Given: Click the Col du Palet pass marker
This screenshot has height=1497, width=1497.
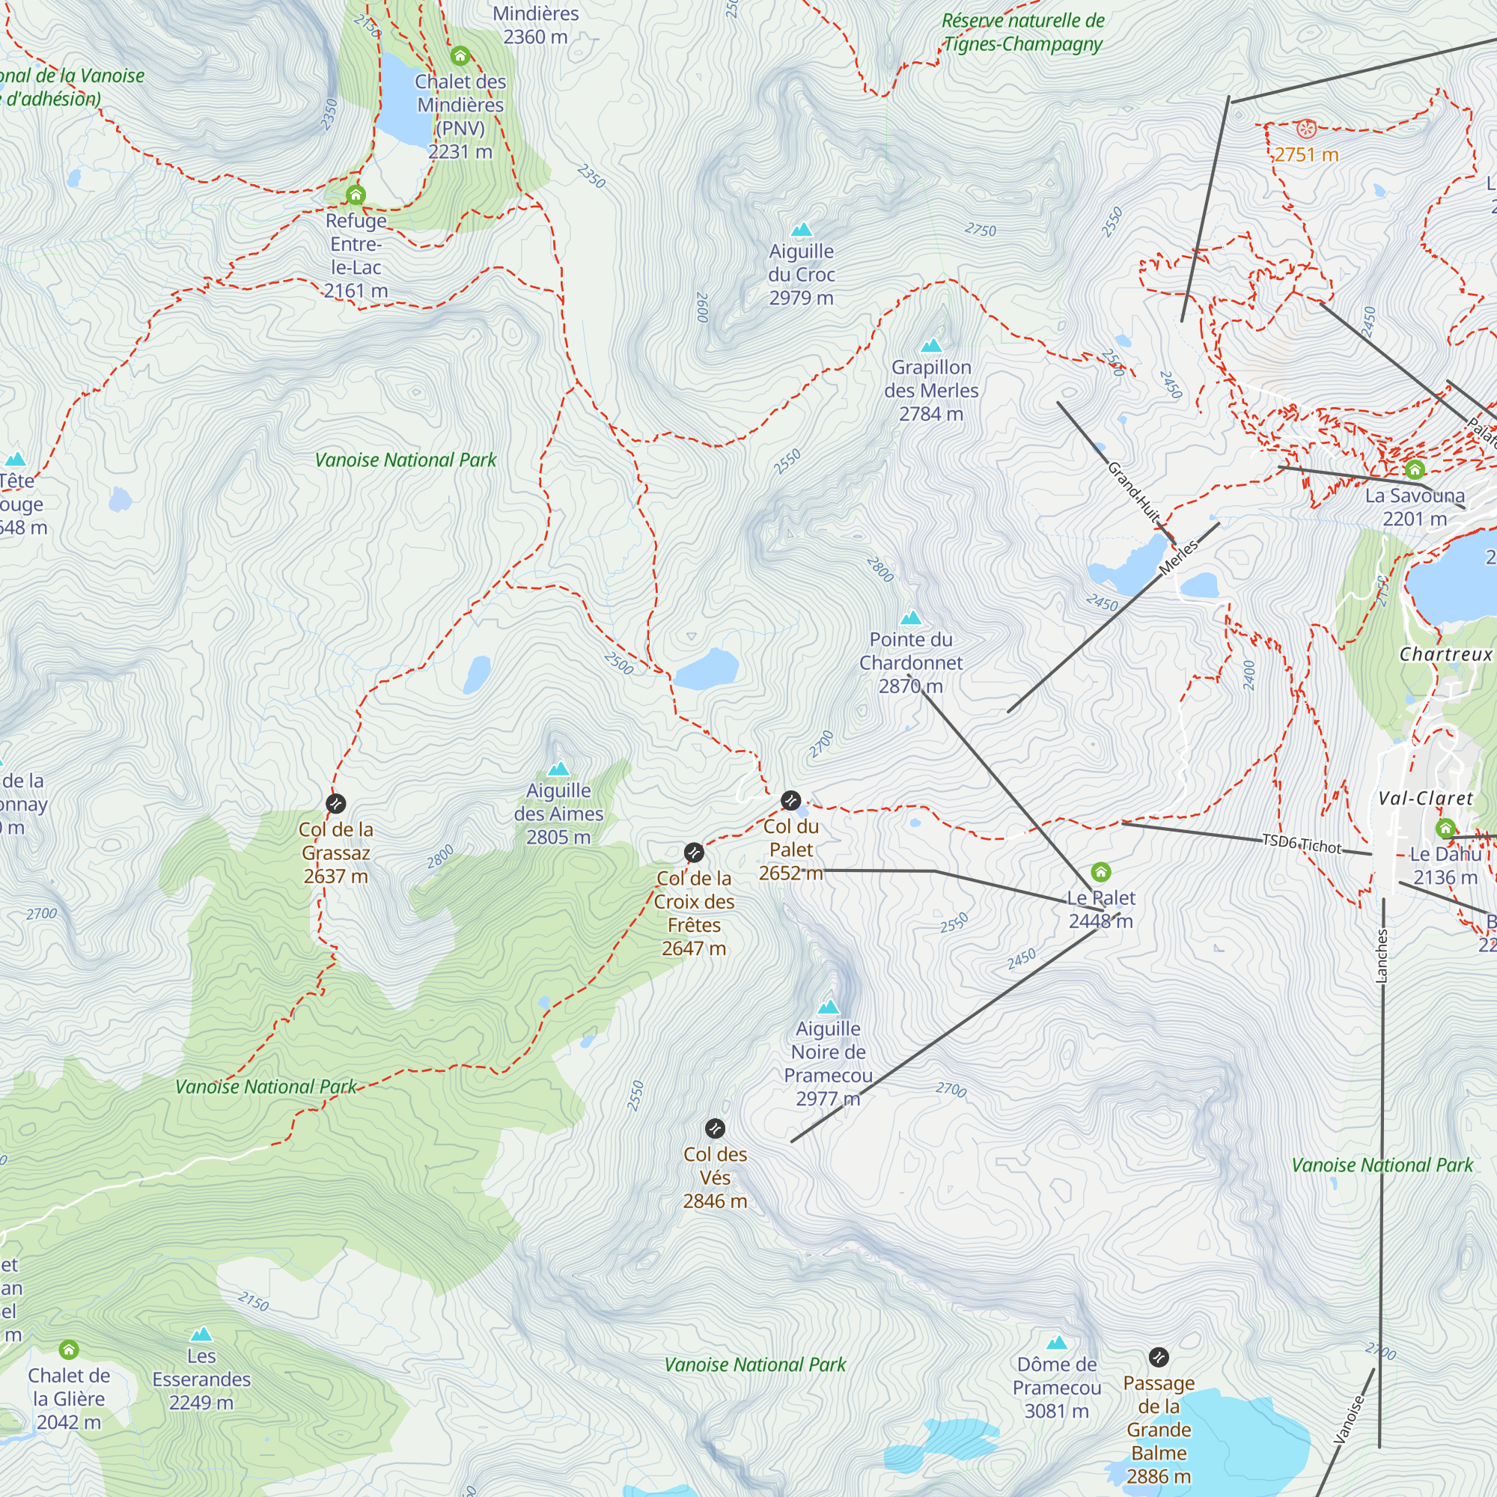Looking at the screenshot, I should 790,799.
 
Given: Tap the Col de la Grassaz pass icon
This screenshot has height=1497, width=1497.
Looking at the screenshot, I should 335,803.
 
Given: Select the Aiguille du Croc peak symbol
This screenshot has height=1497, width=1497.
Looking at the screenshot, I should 801,229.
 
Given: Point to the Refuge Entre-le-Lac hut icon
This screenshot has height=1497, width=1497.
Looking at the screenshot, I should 356,194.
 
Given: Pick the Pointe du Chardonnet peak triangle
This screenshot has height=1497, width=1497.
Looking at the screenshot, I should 910,618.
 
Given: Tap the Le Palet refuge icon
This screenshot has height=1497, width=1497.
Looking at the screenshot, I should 1100,873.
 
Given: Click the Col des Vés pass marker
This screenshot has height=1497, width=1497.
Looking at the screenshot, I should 714,1128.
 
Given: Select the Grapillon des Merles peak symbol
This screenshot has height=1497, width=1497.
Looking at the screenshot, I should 930,346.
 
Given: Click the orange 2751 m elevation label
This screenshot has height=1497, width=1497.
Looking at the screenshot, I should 1306,155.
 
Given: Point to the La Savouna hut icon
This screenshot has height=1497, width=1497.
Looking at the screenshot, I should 1415,469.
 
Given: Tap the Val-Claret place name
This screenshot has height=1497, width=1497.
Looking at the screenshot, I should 1425,799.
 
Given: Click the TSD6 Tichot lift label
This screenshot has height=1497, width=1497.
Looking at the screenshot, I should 1301,844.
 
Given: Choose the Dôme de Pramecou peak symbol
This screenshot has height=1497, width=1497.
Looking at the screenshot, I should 1056,1343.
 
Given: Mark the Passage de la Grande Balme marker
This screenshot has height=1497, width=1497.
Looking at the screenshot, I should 1159,1357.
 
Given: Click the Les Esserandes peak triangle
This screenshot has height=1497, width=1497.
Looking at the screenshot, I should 201,1335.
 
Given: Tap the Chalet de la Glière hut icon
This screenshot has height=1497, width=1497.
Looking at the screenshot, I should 69,1350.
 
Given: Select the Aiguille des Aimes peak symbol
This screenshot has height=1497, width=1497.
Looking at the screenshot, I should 558,769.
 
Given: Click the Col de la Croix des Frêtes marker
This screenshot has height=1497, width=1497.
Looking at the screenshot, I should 694,853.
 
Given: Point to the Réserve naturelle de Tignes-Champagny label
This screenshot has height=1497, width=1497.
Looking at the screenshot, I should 1022,32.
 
